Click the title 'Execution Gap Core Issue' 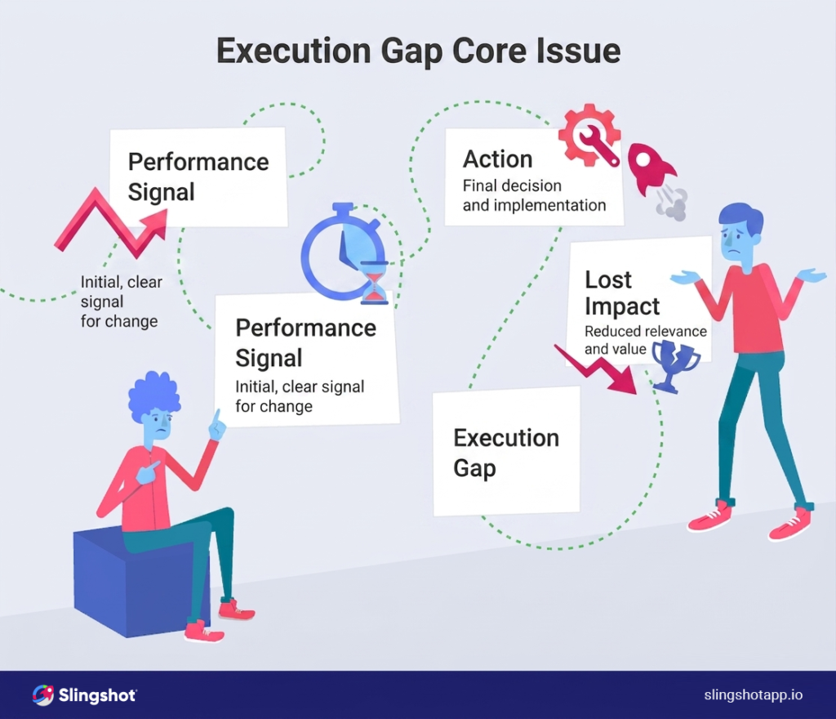click(418, 51)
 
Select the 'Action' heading click(497, 159)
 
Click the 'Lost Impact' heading click(622, 293)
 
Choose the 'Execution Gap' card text click(505, 453)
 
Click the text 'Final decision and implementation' click(534, 195)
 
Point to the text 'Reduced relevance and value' click(645, 340)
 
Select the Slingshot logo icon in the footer click(43, 695)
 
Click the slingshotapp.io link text click(753, 695)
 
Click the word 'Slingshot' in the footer click(97, 695)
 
